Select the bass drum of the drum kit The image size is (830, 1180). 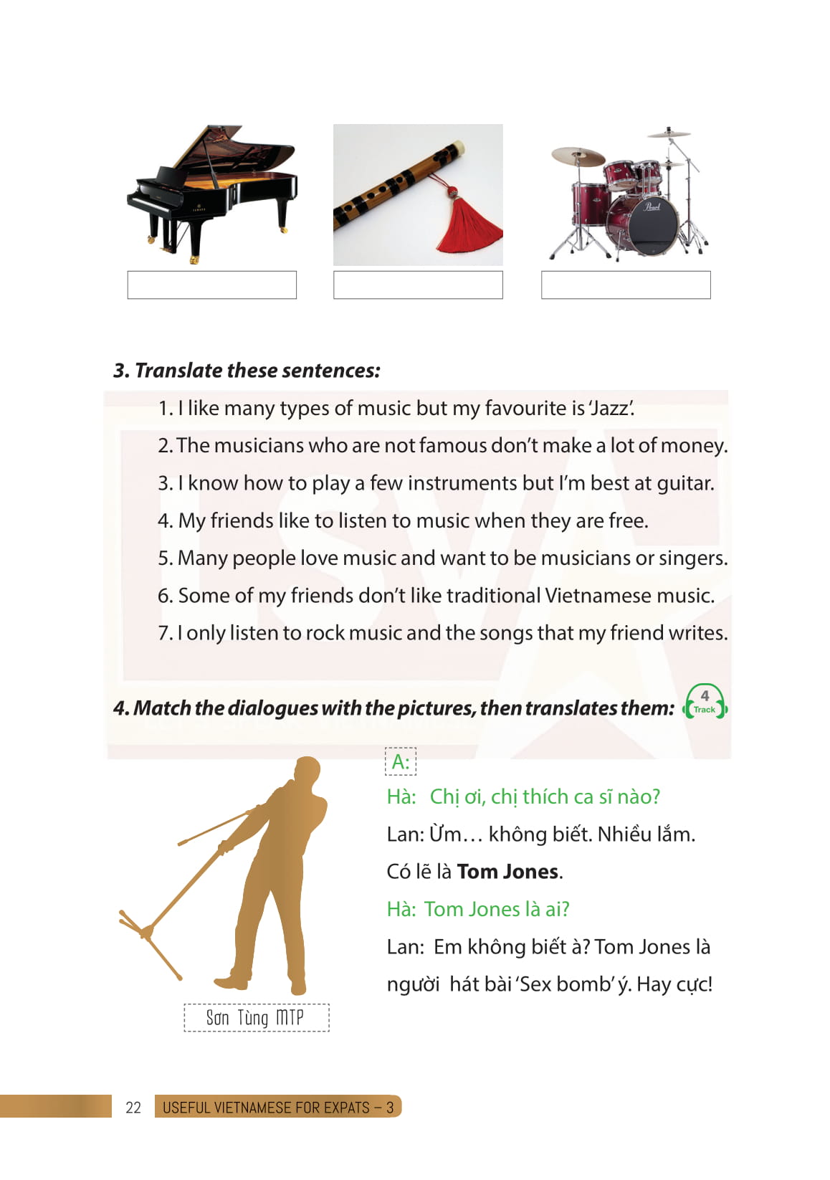click(642, 224)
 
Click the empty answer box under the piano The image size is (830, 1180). click(211, 285)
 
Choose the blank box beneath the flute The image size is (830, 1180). click(418, 285)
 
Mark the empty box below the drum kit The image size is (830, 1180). click(626, 285)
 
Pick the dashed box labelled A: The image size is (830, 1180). click(401, 761)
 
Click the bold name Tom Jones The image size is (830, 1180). click(507, 872)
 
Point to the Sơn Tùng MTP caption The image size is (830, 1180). click(256, 1018)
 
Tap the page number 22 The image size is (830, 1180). click(133, 1108)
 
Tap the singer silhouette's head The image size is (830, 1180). click(307, 771)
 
